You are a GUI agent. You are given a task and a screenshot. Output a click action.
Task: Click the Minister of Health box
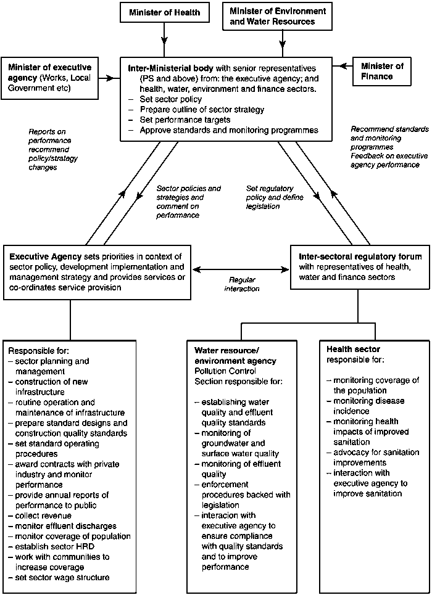[x=165, y=12]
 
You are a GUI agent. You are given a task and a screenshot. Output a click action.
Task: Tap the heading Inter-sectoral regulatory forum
[x=360, y=256]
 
